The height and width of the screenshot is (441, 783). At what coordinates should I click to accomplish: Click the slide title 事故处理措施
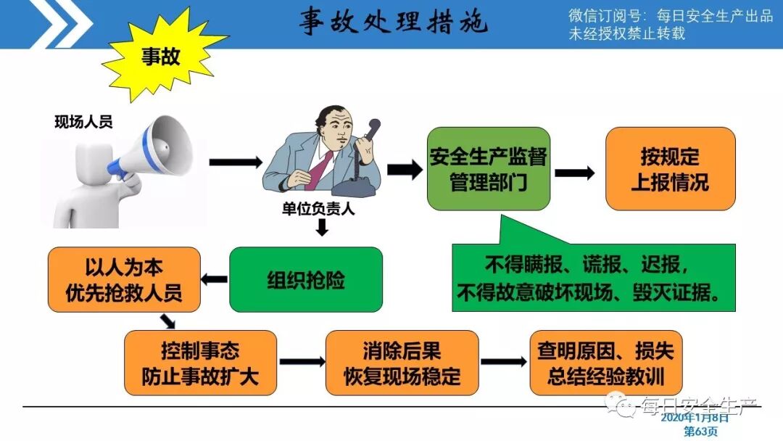coord(394,23)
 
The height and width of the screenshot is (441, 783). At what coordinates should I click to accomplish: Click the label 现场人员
coord(83,122)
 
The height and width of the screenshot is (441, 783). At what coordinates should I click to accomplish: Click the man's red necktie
coord(320,170)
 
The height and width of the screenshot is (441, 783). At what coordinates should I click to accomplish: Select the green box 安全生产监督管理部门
coord(487,168)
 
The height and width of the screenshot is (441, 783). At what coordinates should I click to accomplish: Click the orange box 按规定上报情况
coord(669,168)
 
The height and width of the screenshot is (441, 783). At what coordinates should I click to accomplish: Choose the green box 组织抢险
coord(305,279)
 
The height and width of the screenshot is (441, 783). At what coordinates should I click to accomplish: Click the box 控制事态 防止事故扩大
coord(200,363)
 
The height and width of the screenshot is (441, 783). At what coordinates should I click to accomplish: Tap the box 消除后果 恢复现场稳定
coord(402,363)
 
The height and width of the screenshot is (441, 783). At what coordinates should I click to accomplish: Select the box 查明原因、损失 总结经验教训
coord(605,363)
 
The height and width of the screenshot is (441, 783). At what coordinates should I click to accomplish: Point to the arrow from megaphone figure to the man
coord(234,162)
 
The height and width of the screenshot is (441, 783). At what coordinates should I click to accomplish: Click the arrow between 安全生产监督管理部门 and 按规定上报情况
coord(575,173)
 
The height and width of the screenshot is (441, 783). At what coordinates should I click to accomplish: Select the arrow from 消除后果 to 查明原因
coord(502,361)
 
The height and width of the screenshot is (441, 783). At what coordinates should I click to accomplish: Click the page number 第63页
coord(702,431)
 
